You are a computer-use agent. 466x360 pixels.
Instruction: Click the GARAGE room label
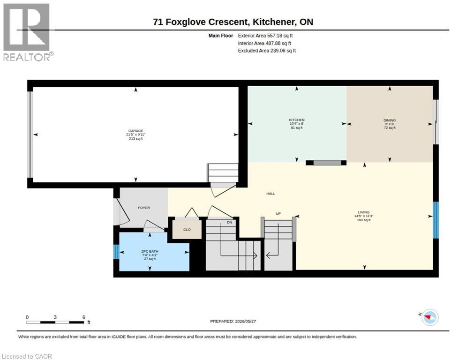[x=136, y=131]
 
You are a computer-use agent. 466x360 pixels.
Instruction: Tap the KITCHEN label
[x=297, y=120]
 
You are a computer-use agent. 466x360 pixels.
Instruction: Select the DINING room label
[x=390, y=120]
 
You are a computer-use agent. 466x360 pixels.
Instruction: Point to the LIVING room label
[x=364, y=212]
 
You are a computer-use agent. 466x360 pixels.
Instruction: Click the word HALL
[x=271, y=194]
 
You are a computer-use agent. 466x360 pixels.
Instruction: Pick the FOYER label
[x=144, y=208]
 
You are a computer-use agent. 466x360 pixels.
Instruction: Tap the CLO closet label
[x=187, y=230]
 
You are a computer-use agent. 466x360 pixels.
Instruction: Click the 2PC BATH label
[x=150, y=252]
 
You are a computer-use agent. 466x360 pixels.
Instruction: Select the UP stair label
[x=278, y=214]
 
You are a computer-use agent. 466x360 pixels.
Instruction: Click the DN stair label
[x=229, y=222]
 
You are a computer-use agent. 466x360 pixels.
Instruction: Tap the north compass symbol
[x=430, y=317]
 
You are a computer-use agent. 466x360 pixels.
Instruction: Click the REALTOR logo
[x=27, y=32]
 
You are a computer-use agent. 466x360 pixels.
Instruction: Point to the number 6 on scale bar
[x=84, y=317]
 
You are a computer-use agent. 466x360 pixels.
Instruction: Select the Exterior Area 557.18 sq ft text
[x=265, y=36]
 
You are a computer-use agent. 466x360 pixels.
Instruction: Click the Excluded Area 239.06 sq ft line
[x=267, y=51]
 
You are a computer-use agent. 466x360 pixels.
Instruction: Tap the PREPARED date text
[x=233, y=321]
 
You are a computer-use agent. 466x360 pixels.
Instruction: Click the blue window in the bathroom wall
[x=116, y=252]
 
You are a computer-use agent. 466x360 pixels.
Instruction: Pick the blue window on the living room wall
[x=436, y=220]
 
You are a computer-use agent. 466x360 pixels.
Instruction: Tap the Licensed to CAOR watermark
[x=27, y=356]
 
